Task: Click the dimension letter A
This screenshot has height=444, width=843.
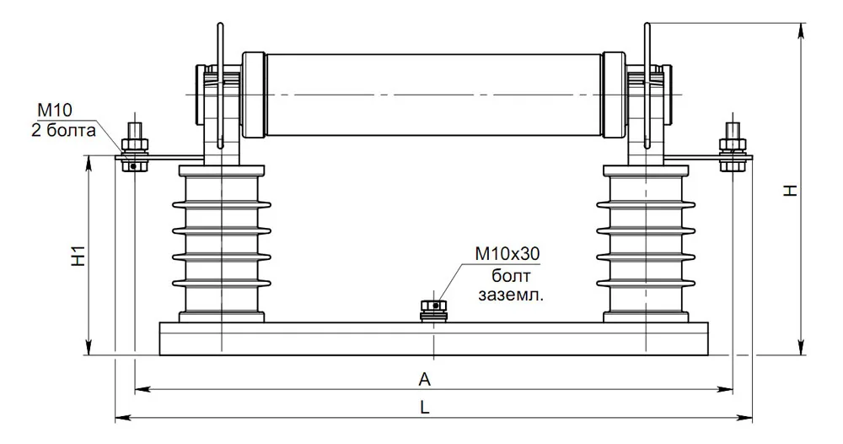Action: coord(425,379)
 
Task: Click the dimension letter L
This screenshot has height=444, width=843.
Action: coord(425,408)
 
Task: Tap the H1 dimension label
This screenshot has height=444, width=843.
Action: coord(78,256)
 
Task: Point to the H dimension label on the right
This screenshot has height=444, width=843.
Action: coord(790,191)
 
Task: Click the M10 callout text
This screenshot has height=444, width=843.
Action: coord(54,111)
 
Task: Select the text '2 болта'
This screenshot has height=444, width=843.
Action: coord(63,130)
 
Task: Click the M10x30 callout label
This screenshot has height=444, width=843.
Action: coord(507,253)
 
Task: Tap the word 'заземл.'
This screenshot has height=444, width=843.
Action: coord(511,295)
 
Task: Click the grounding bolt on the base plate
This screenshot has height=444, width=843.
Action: coord(434,311)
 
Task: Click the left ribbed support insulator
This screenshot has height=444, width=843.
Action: coord(222,244)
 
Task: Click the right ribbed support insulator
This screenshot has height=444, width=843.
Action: coord(645,244)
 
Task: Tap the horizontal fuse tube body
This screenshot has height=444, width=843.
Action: coord(433,95)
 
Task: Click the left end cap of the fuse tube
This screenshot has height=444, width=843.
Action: coord(254,95)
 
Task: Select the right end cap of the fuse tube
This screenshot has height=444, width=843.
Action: coord(614,95)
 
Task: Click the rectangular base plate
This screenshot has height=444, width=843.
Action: coord(433,339)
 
